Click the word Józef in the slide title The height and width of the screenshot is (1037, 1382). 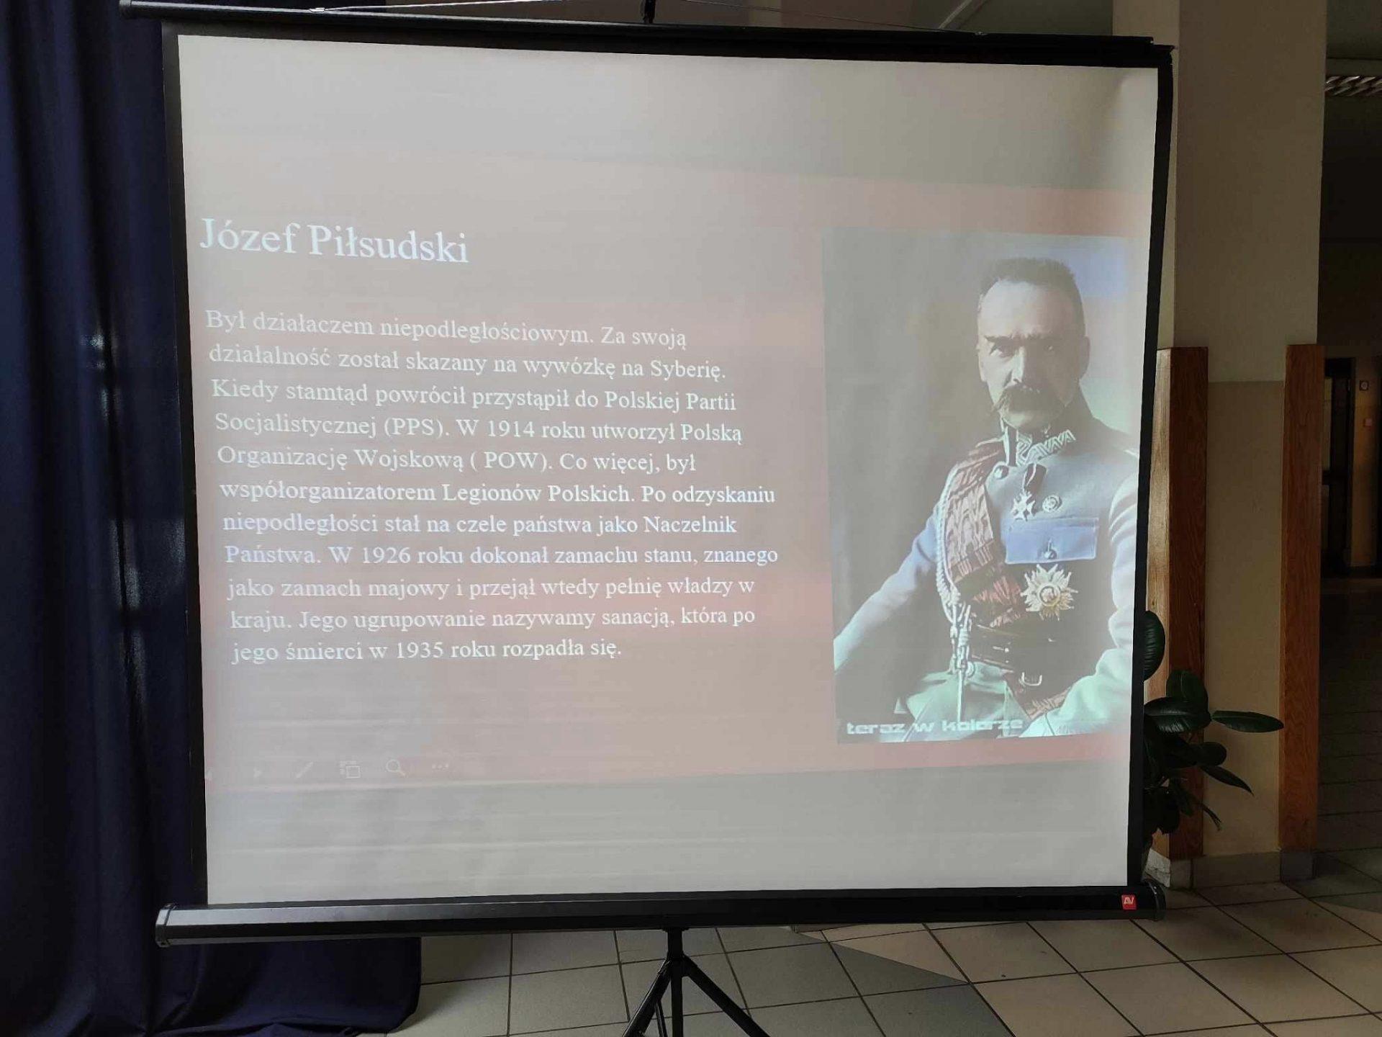pyautogui.click(x=248, y=237)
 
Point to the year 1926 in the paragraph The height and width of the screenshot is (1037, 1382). pyautogui.click(x=384, y=555)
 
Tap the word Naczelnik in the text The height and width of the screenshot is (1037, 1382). pyautogui.click(x=690, y=524)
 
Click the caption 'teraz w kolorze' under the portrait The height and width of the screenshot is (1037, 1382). pyautogui.click(x=934, y=727)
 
